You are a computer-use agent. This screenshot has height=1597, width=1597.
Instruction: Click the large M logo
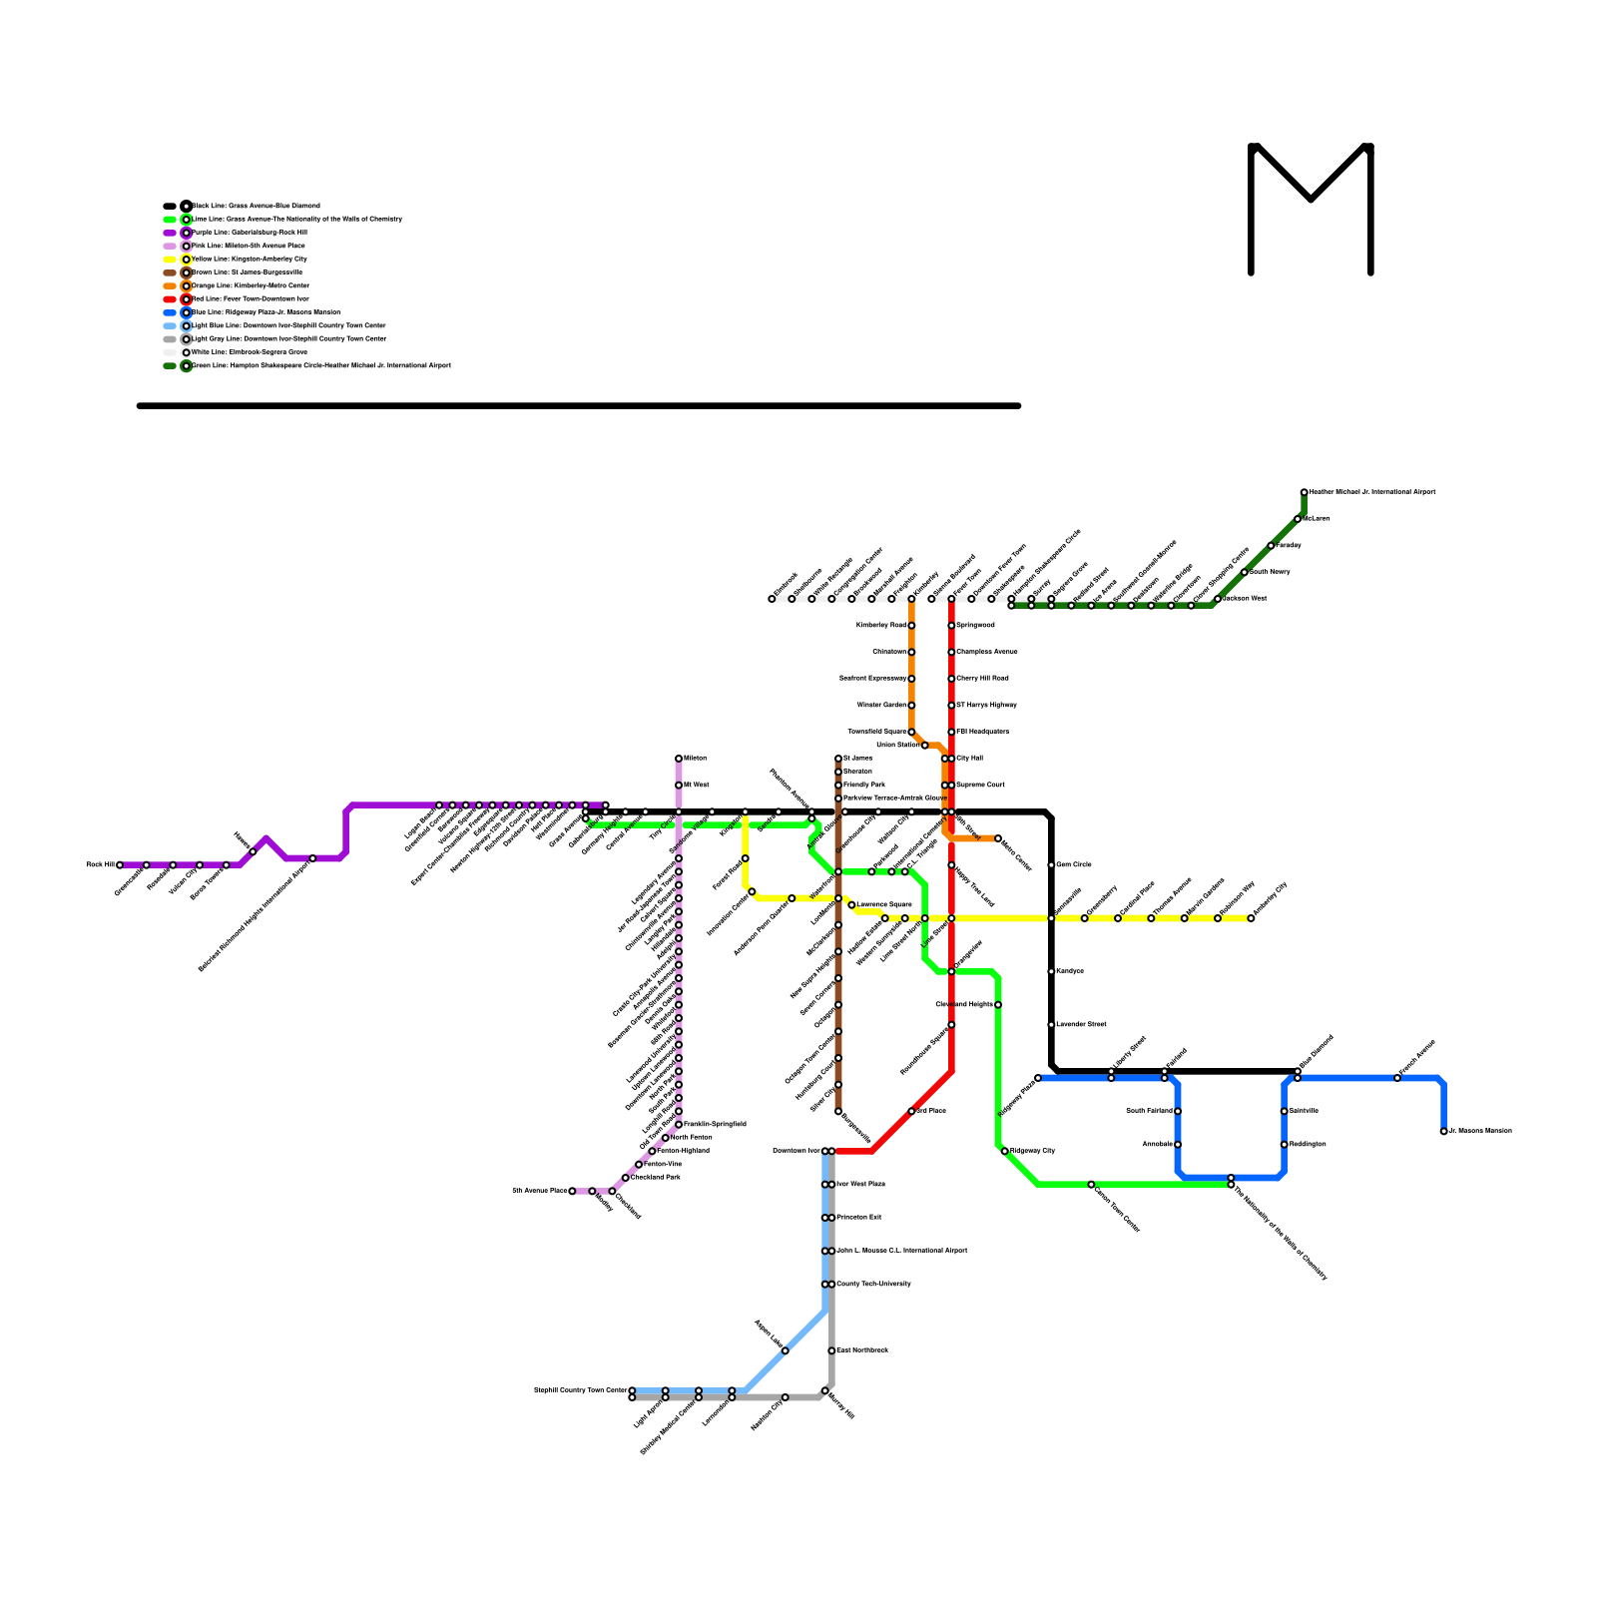pos(1311,209)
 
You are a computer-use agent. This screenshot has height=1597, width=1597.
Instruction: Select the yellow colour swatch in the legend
pos(170,260)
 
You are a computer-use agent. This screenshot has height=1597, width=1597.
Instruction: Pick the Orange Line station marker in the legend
pos(187,286)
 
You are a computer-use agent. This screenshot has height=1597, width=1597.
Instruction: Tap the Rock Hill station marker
pos(120,865)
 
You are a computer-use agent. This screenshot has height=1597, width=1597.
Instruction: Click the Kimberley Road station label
pos(881,626)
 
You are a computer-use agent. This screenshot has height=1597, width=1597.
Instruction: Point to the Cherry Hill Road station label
pos(983,679)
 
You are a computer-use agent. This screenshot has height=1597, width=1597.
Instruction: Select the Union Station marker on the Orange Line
pos(924,746)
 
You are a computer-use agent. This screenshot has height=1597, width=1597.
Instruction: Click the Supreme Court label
pos(981,786)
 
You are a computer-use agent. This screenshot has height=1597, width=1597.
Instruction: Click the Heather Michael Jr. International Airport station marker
pos(1304,492)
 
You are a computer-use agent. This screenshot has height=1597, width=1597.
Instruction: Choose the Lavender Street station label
pos(1081,1025)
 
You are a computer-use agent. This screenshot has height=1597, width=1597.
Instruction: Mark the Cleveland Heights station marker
pos(998,1005)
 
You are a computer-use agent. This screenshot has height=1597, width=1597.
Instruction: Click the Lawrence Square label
pos(884,905)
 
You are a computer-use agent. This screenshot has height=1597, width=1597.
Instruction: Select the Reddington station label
pos(1308,1145)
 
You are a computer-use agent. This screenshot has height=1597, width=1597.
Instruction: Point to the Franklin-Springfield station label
pos(715,1125)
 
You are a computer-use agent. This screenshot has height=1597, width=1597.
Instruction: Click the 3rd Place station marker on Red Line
pos(911,1111)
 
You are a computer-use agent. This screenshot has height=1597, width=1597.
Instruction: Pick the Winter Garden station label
pos(881,706)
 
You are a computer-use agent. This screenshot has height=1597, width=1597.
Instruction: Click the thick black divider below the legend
pos(579,406)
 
